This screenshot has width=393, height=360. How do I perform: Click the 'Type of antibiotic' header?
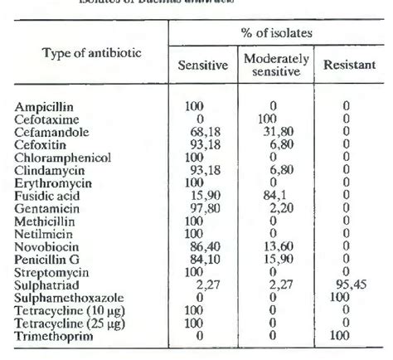[x=92, y=53]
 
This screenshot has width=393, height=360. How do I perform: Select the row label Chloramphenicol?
[x=58, y=155]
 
